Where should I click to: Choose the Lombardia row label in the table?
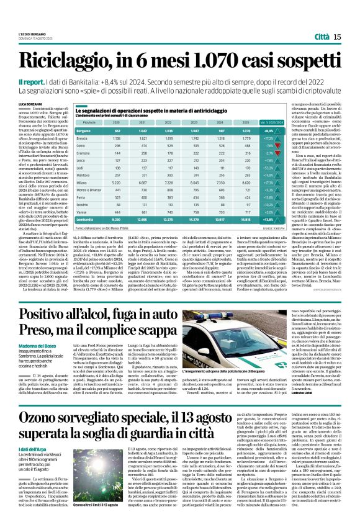coord(87,220)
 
